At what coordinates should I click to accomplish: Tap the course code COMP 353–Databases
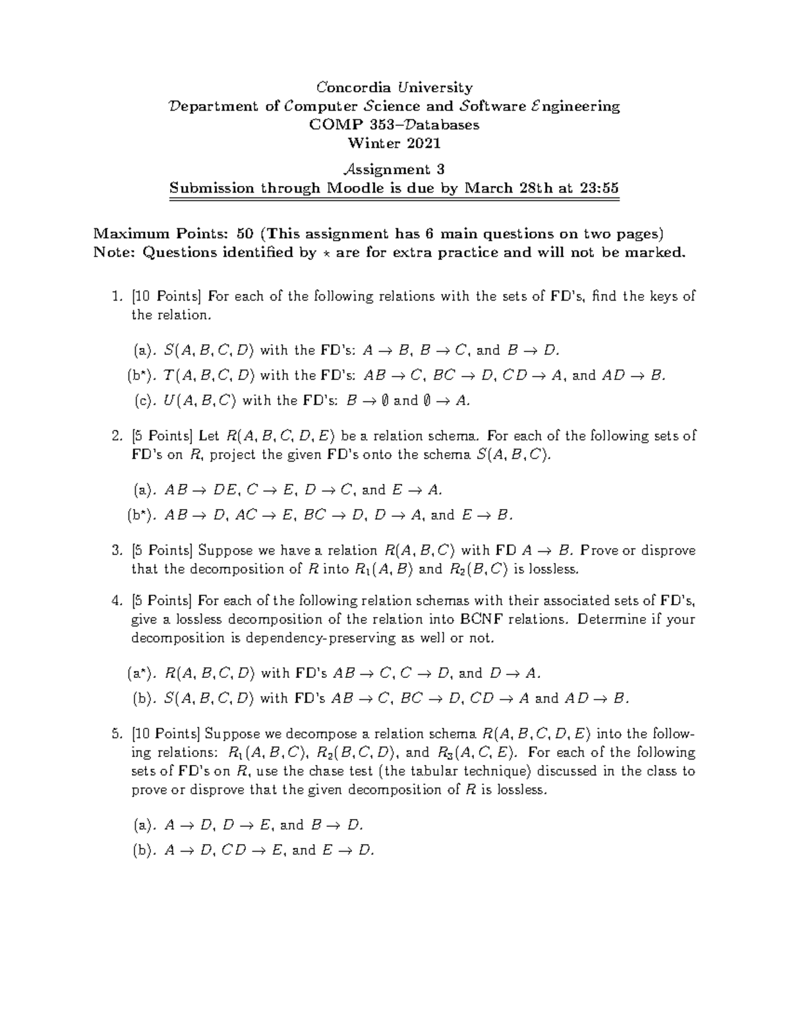click(395, 125)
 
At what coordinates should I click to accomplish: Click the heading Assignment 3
click(395, 169)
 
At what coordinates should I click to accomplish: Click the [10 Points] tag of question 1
click(167, 297)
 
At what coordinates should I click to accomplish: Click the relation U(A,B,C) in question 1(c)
click(200, 401)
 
